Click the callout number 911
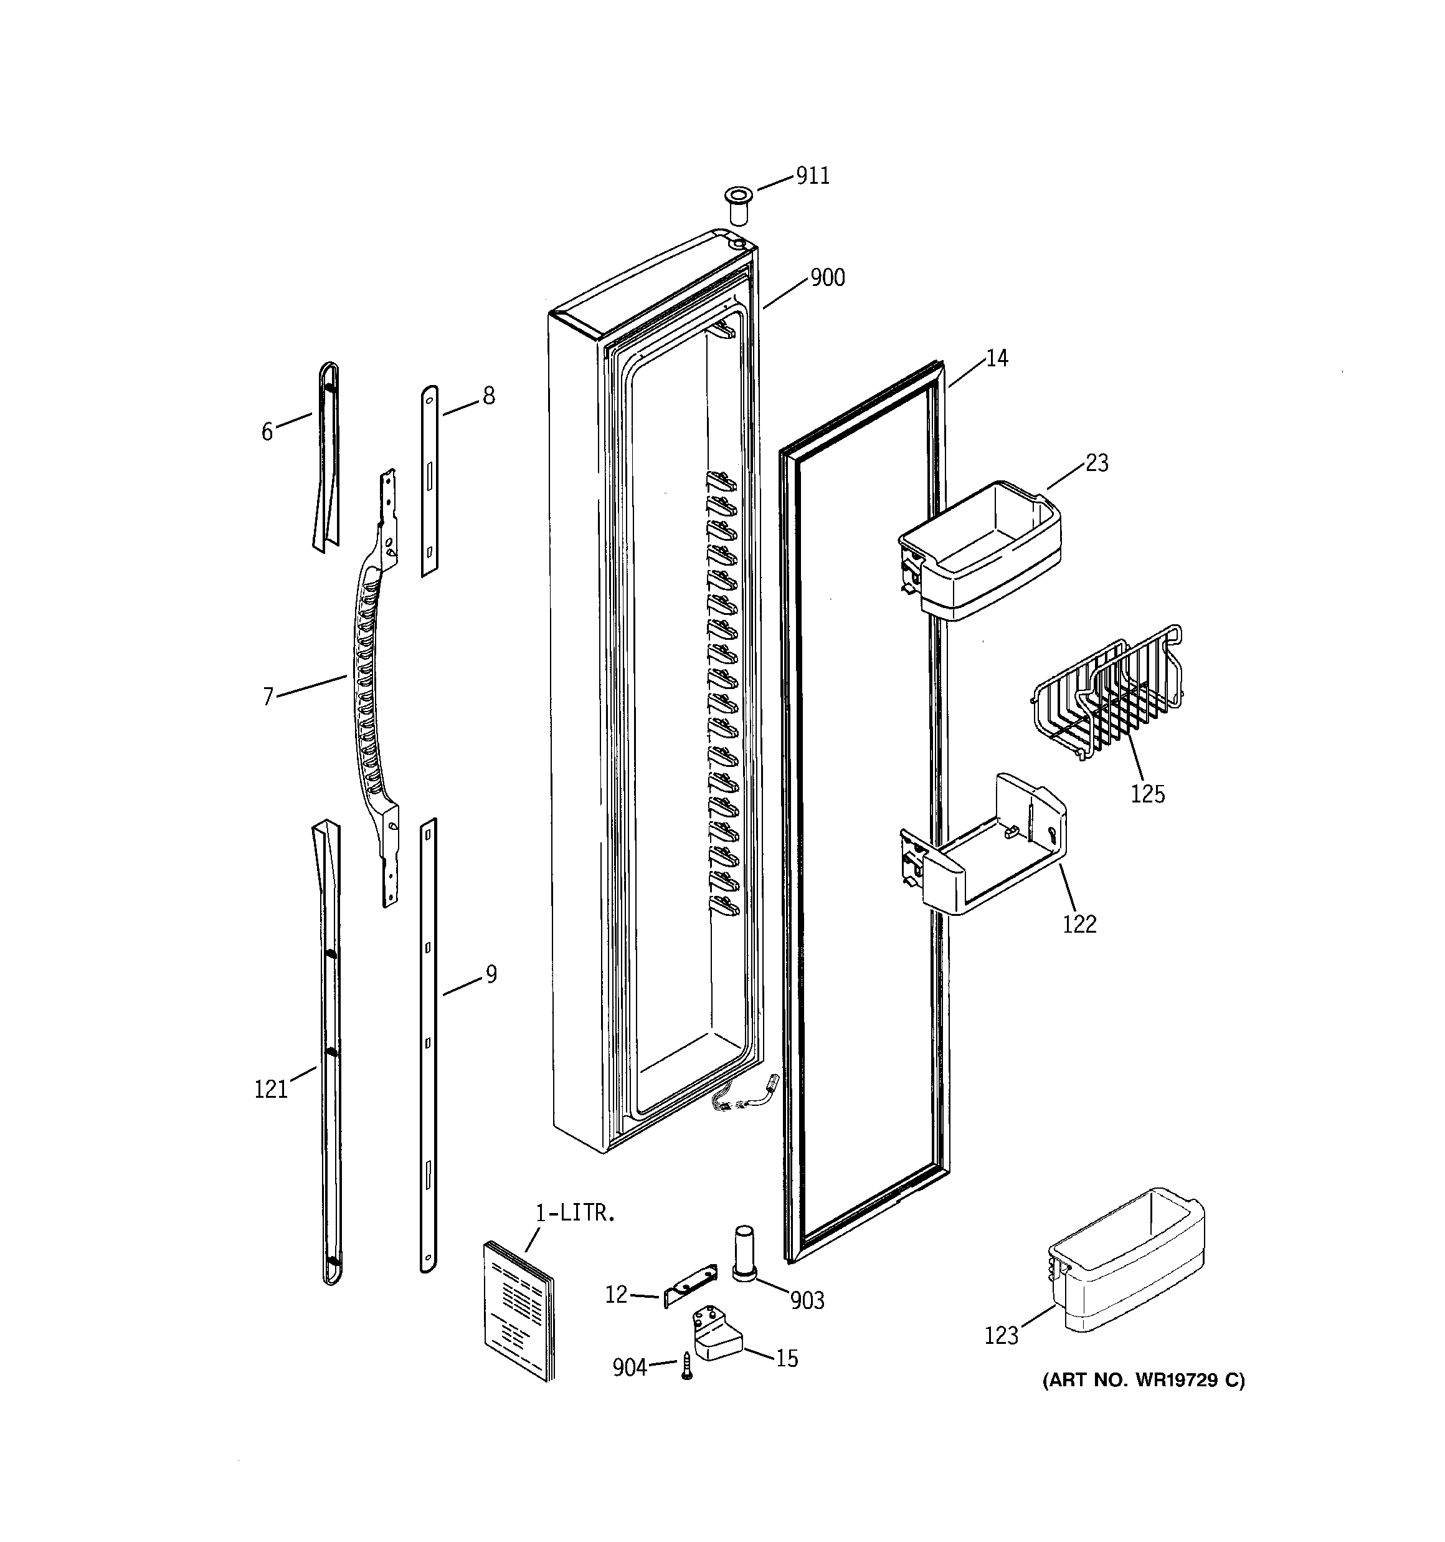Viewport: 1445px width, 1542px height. pos(812,176)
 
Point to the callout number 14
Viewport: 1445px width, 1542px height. pos(997,358)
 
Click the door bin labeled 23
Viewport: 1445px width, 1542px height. pos(980,551)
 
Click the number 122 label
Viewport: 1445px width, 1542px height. pos(1079,924)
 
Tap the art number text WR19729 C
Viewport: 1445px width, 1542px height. pos(1144,1380)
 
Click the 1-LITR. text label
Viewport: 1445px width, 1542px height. pos(575,1213)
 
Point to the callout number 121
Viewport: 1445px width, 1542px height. pos(271,1090)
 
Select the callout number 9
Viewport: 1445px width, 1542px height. pos(490,974)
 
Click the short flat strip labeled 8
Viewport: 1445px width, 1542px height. pos(429,481)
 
